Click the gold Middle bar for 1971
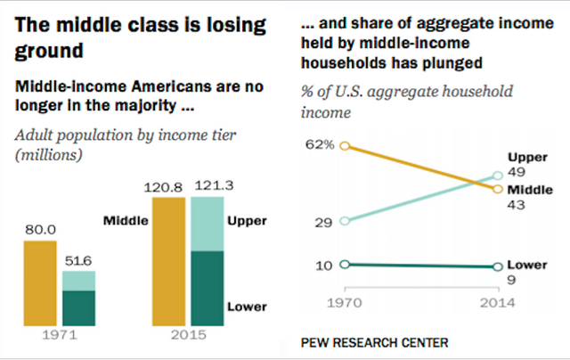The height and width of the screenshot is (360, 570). (x=40, y=285)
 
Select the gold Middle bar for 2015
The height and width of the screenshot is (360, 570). (x=169, y=263)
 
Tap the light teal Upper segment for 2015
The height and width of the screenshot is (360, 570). (x=208, y=224)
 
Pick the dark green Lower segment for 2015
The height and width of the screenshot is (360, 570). (x=208, y=290)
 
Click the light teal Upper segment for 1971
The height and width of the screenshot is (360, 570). (x=78, y=281)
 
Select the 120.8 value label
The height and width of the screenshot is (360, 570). (x=169, y=188)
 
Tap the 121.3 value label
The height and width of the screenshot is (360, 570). (x=208, y=188)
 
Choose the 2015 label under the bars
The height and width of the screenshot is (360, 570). (x=188, y=337)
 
